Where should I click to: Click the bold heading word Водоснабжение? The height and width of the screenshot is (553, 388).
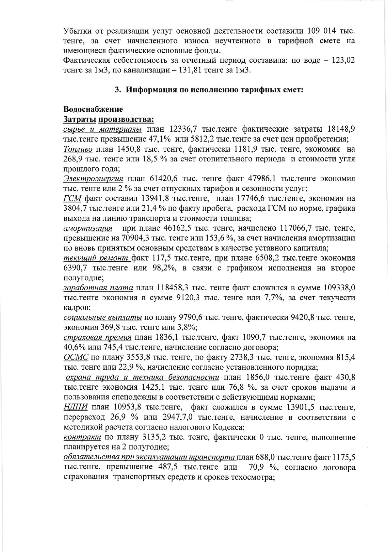[x=93, y=109]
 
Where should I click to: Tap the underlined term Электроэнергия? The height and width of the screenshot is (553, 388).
[x=93, y=179]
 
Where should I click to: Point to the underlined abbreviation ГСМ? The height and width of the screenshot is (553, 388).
[x=72, y=198]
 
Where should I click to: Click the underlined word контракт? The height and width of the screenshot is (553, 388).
[x=82, y=437]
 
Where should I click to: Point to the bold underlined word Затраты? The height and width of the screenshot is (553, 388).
[x=79, y=119]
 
